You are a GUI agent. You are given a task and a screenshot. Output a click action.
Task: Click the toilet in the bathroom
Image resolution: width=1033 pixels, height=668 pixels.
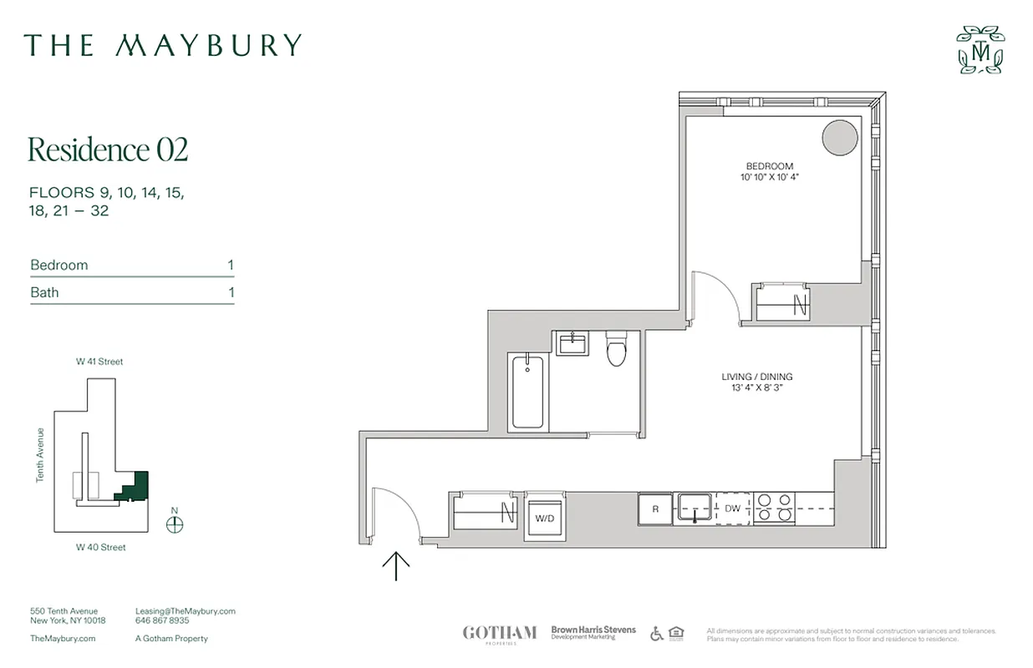617,351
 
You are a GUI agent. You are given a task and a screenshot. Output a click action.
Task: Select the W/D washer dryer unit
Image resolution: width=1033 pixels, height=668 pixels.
544,519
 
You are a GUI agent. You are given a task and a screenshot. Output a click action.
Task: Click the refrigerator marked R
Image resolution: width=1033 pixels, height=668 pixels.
655,509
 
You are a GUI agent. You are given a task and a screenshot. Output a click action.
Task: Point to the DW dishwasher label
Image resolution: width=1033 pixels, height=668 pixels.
733,509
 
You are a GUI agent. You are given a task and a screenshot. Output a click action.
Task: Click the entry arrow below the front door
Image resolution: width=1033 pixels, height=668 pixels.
395,567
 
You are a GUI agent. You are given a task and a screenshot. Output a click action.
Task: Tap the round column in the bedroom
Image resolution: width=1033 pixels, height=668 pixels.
839,138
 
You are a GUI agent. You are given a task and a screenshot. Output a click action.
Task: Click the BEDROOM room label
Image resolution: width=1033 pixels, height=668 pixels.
770,166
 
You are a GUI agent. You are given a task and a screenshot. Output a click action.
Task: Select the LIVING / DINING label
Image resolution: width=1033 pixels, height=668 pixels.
757,377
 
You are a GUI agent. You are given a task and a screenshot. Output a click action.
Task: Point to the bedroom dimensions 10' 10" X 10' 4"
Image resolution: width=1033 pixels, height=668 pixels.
770,178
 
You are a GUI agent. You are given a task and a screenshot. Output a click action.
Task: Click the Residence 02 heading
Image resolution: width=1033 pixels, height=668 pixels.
108,149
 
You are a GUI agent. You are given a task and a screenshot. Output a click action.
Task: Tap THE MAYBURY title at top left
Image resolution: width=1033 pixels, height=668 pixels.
162,45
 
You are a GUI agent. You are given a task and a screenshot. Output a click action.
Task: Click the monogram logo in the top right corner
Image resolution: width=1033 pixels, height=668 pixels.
980,50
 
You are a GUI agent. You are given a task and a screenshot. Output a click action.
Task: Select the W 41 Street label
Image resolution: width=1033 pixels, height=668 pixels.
99,362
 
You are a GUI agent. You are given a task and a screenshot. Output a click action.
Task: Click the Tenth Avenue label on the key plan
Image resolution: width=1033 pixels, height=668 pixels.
39,455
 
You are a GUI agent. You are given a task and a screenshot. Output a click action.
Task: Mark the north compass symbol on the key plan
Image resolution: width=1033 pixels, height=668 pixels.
174,524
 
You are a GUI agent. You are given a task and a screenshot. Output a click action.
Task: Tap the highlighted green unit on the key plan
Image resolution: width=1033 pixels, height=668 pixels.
135,487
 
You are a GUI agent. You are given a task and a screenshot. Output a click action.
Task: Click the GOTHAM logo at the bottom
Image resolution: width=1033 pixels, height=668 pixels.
499,632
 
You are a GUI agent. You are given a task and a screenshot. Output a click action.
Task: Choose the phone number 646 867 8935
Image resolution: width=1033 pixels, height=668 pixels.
162,621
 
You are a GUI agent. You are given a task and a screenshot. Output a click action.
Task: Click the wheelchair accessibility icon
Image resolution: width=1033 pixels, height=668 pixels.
656,633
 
